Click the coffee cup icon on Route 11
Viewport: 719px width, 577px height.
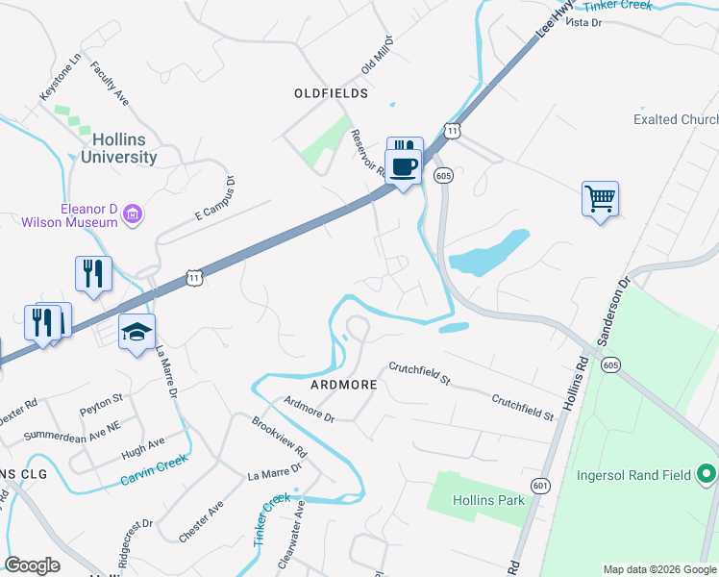(405, 167)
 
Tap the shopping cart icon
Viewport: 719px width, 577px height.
(600, 200)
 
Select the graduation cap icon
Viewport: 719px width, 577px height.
(136, 333)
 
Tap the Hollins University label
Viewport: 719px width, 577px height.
(119, 148)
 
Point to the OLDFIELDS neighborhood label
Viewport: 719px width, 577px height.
(331, 93)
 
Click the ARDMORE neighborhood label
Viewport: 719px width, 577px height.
(342, 383)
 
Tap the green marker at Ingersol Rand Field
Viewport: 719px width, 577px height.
(707, 473)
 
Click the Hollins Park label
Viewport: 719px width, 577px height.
(490, 500)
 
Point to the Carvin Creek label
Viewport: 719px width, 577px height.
(153, 474)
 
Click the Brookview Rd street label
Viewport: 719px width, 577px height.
(280, 437)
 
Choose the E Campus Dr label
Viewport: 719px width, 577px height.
(215, 197)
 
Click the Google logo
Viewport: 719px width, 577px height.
(33, 564)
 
